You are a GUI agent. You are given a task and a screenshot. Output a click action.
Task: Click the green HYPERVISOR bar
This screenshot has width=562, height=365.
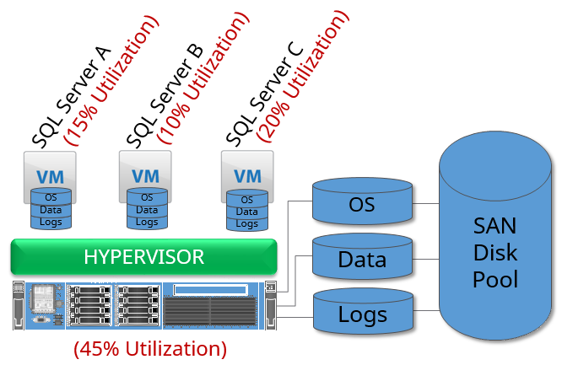point(143,256)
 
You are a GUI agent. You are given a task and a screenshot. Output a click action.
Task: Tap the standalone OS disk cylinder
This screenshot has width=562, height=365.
point(362,204)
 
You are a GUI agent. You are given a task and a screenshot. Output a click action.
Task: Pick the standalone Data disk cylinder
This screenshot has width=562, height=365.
point(362,259)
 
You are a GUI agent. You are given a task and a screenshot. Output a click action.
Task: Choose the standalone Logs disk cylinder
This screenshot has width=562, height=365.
point(362,314)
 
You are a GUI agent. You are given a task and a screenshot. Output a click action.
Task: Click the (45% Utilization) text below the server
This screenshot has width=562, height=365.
point(150,347)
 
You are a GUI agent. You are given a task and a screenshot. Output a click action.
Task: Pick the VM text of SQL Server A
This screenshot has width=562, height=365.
point(51,177)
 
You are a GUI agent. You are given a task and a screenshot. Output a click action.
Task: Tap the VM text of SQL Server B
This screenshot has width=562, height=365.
point(146,177)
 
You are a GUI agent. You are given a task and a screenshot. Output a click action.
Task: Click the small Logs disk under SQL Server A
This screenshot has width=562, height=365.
point(51,222)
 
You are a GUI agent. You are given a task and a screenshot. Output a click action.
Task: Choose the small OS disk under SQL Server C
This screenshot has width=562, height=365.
point(246,200)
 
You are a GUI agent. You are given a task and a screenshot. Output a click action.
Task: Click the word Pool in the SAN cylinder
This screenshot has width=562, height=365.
point(494,279)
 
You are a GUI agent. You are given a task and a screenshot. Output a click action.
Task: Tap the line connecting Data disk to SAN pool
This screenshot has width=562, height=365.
point(425,258)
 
